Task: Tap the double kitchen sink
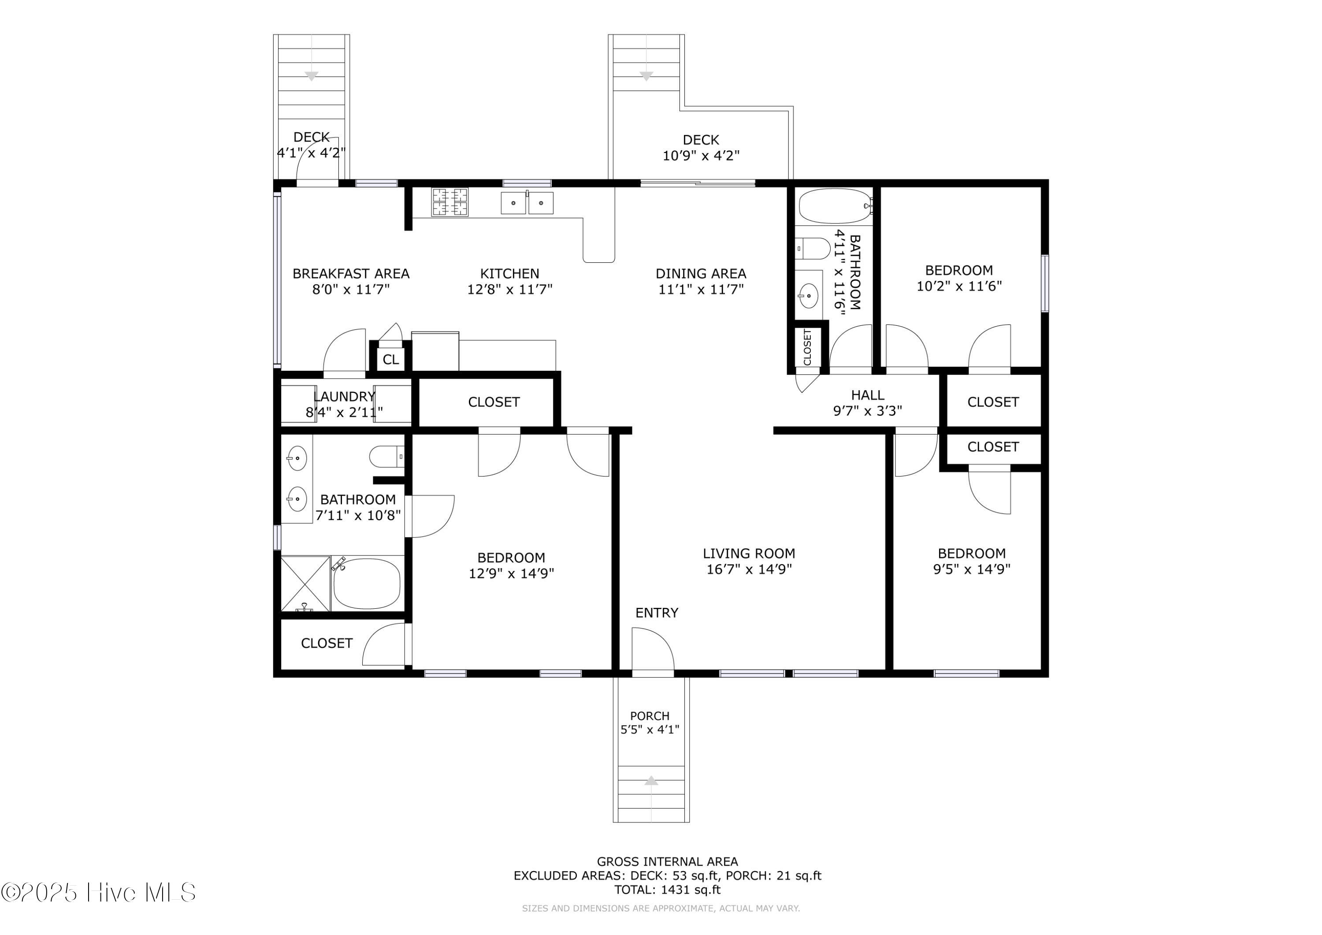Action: pyautogui.click(x=527, y=203)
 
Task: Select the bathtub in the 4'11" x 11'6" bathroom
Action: pyautogui.click(x=836, y=206)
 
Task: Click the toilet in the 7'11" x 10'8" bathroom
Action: pyautogui.click(x=387, y=457)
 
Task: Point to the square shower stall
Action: pyautogui.click(x=305, y=583)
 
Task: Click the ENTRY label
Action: pyautogui.click(x=657, y=612)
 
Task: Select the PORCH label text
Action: pyautogui.click(x=650, y=715)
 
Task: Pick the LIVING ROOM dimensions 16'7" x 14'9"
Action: pyautogui.click(x=749, y=569)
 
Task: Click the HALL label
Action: pyautogui.click(x=868, y=395)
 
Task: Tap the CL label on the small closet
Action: pyautogui.click(x=390, y=359)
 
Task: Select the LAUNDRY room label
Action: pyautogui.click(x=344, y=396)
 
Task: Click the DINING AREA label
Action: pyautogui.click(x=701, y=274)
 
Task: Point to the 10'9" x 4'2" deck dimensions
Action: pyautogui.click(x=701, y=156)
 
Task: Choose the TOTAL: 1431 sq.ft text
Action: pyautogui.click(x=667, y=890)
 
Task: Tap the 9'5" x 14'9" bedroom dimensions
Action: pyautogui.click(x=972, y=569)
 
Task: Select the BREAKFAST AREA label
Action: pyautogui.click(x=351, y=274)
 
